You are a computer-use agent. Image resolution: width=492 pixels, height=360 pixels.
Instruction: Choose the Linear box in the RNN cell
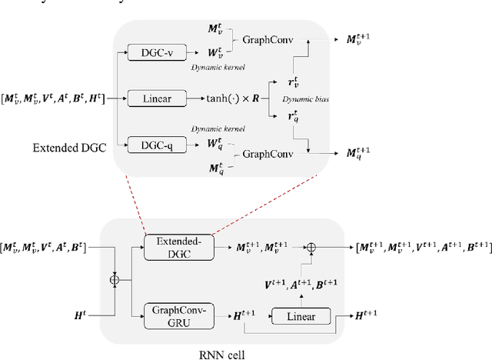(298, 316)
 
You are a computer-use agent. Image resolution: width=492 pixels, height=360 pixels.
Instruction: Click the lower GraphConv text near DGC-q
(270, 154)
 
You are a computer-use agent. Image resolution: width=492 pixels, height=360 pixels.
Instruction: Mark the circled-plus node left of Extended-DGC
(115, 278)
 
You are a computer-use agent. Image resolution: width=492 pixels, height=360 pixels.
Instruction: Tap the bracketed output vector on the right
(424, 247)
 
